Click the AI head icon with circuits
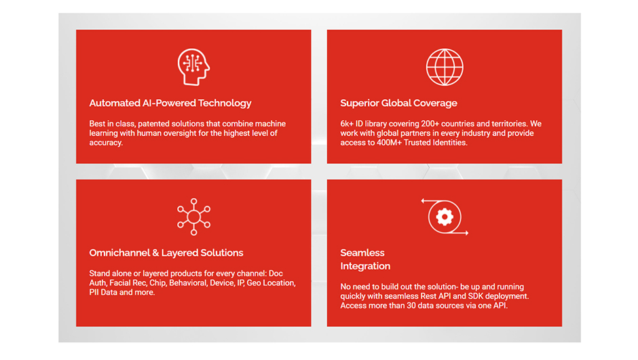193,67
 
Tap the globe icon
445,67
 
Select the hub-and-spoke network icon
193,217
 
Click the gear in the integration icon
445,217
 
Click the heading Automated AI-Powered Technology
170,103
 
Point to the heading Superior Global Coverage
399,103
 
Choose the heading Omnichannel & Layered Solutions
166,253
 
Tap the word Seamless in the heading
362,253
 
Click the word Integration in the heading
365,266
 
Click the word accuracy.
106,143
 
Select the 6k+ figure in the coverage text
347,124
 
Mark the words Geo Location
271,283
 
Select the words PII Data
103,292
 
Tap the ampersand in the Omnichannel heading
155,253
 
